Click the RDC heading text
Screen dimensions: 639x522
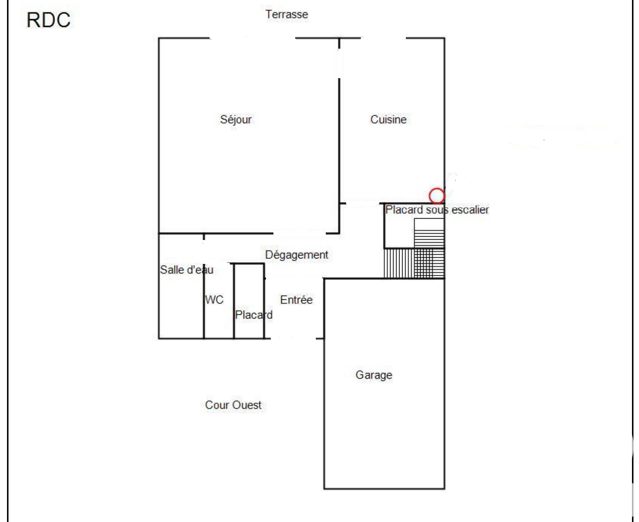pyautogui.click(x=48, y=20)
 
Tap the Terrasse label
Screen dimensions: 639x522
pyautogui.click(x=287, y=14)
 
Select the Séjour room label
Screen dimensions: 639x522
pyautogui.click(x=236, y=119)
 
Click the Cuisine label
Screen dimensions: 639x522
pyautogui.click(x=388, y=119)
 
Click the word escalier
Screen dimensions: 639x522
pyautogui.click(x=470, y=210)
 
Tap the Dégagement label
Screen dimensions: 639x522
pyautogui.click(x=297, y=255)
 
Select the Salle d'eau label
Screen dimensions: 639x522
pyautogui.click(x=187, y=270)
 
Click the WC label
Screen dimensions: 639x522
pyautogui.click(x=214, y=300)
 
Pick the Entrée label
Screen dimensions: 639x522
pyautogui.click(x=296, y=300)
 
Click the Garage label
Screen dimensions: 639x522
pyautogui.click(x=374, y=375)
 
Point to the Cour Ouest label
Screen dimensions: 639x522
pyautogui.click(x=233, y=405)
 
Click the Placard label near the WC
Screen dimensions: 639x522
pyautogui.click(x=254, y=315)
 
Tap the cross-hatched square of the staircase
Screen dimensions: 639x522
pyautogui.click(x=429, y=263)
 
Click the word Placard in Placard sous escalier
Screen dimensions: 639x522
pyautogui.click(x=404, y=210)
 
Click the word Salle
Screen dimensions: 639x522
pyautogui.click(x=172, y=270)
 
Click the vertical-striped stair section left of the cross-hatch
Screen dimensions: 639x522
pyautogui.click(x=399, y=263)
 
